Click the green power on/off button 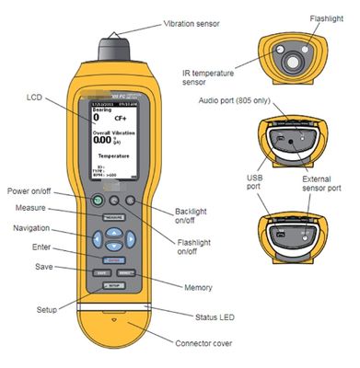click(94, 201)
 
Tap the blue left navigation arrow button click(95, 239)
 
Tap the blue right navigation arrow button click(130, 239)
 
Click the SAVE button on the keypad click(102, 273)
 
